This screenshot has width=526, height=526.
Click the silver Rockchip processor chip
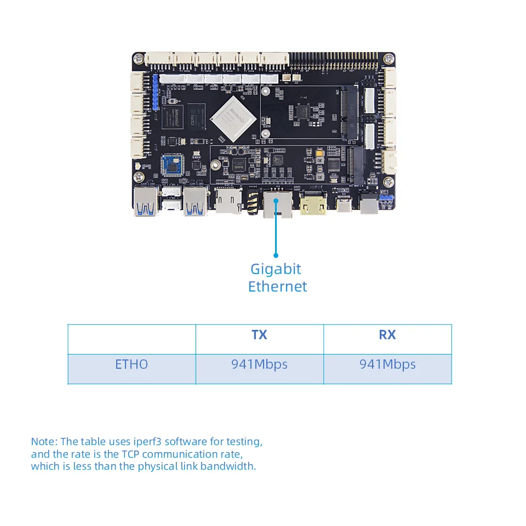point(230,117)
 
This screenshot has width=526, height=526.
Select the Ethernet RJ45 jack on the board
point(277,204)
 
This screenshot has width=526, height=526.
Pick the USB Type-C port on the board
point(345,205)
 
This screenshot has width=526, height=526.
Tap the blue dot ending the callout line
point(276,255)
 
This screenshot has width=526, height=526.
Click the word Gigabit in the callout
point(276,269)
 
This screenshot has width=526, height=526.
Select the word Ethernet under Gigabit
point(277,287)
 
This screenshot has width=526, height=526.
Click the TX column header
point(259,335)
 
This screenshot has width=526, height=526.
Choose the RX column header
point(387,335)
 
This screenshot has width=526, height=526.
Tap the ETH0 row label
point(131,364)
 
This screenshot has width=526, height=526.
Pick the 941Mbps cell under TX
point(259,364)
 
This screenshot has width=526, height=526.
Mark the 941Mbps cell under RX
point(387,364)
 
